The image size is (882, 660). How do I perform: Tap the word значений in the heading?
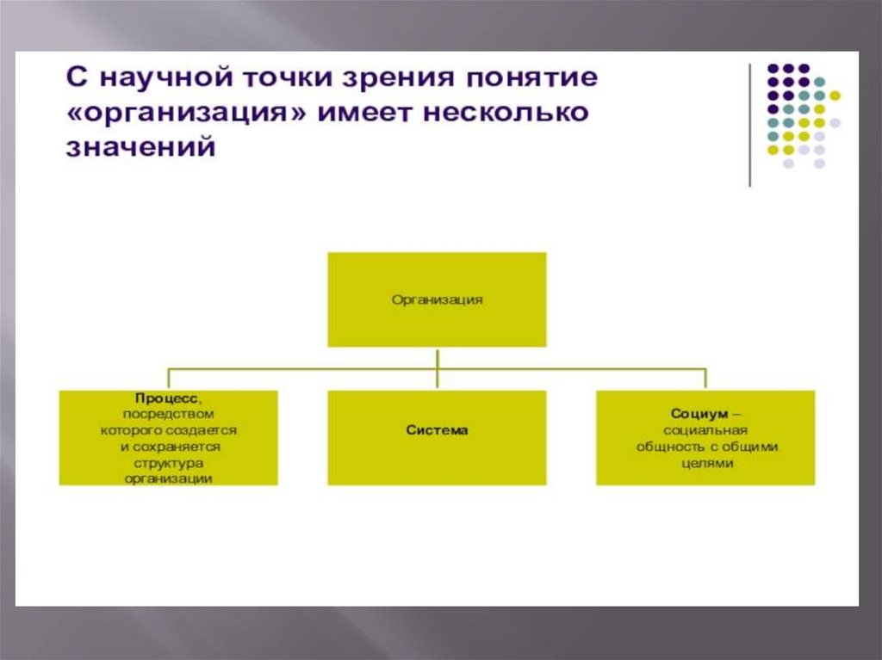(x=139, y=148)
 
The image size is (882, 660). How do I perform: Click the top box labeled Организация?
(x=437, y=299)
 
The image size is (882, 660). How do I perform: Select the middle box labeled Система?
(x=437, y=429)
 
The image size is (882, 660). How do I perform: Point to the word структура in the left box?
(x=168, y=463)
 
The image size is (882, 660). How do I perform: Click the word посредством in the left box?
(x=168, y=414)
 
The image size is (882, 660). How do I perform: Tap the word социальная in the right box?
(x=705, y=430)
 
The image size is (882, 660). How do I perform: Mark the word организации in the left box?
(x=168, y=478)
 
